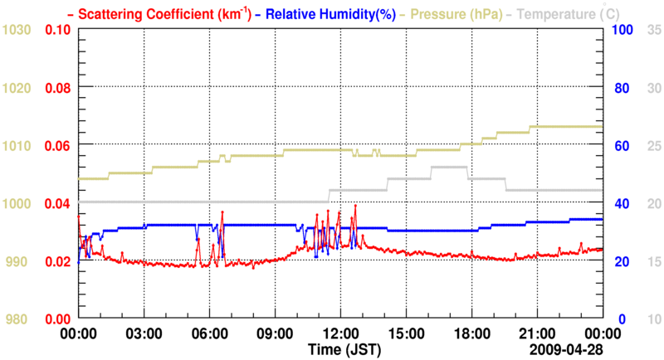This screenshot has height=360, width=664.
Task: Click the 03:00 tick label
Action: (x=144, y=333)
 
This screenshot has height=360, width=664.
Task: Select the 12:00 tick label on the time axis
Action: (x=340, y=333)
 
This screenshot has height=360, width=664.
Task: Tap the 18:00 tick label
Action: (x=471, y=333)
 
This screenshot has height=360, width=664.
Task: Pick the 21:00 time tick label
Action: (x=537, y=333)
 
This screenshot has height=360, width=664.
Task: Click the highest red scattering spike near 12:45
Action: (x=355, y=205)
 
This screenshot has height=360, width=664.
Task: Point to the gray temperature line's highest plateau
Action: (x=449, y=167)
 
